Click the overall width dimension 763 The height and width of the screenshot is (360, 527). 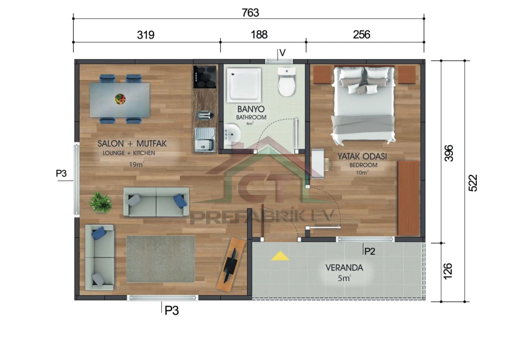coord(250,13)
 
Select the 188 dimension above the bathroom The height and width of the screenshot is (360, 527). coord(259,35)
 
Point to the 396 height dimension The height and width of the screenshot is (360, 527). coord(449,152)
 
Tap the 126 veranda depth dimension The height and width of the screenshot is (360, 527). coord(449,271)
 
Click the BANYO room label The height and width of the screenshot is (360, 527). coord(251,110)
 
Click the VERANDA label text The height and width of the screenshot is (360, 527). coord(344,268)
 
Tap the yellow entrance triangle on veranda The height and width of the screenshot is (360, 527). coord(280,257)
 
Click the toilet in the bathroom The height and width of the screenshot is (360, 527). coord(287,82)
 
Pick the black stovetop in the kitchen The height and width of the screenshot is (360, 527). coord(205,77)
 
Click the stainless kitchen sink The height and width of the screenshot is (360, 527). coord(204,140)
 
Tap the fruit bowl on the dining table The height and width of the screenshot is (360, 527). coord(120,99)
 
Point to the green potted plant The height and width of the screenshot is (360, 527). coord(101,202)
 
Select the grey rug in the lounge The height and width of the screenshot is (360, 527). coord(161,259)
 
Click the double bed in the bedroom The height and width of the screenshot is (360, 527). coord(363,105)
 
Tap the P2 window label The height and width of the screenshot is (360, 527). coord(370,252)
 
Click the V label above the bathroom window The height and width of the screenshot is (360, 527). coord(282,53)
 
